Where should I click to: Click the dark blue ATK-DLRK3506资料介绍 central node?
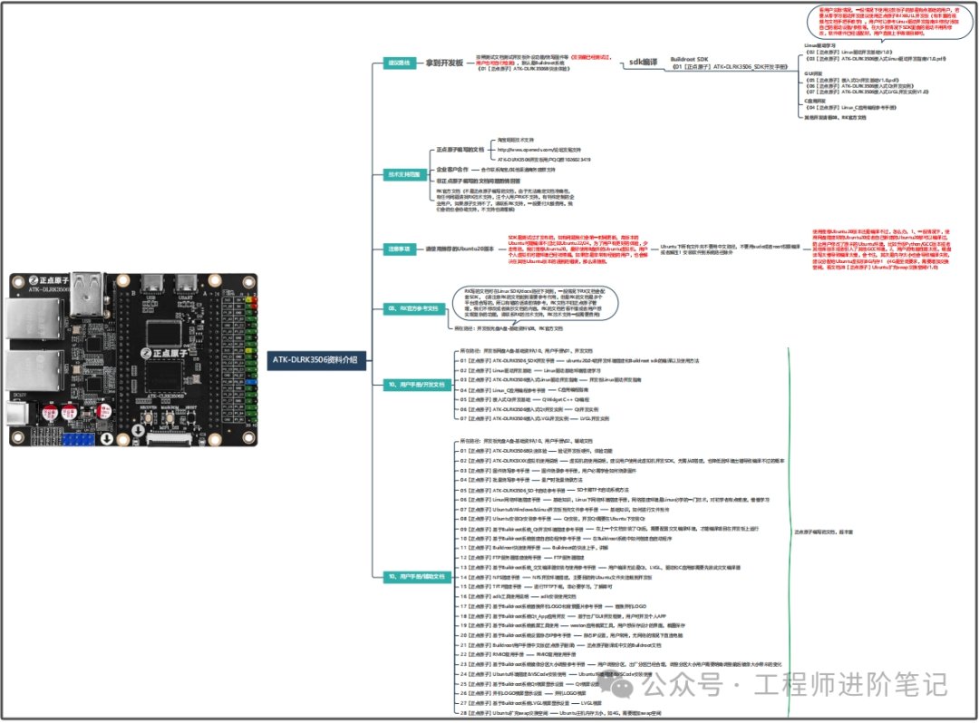click(x=316, y=359)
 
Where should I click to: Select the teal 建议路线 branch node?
click(x=398, y=64)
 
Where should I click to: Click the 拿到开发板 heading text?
click(x=445, y=64)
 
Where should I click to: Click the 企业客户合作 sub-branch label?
click(x=457, y=170)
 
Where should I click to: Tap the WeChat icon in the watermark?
click(x=623, y=683)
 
